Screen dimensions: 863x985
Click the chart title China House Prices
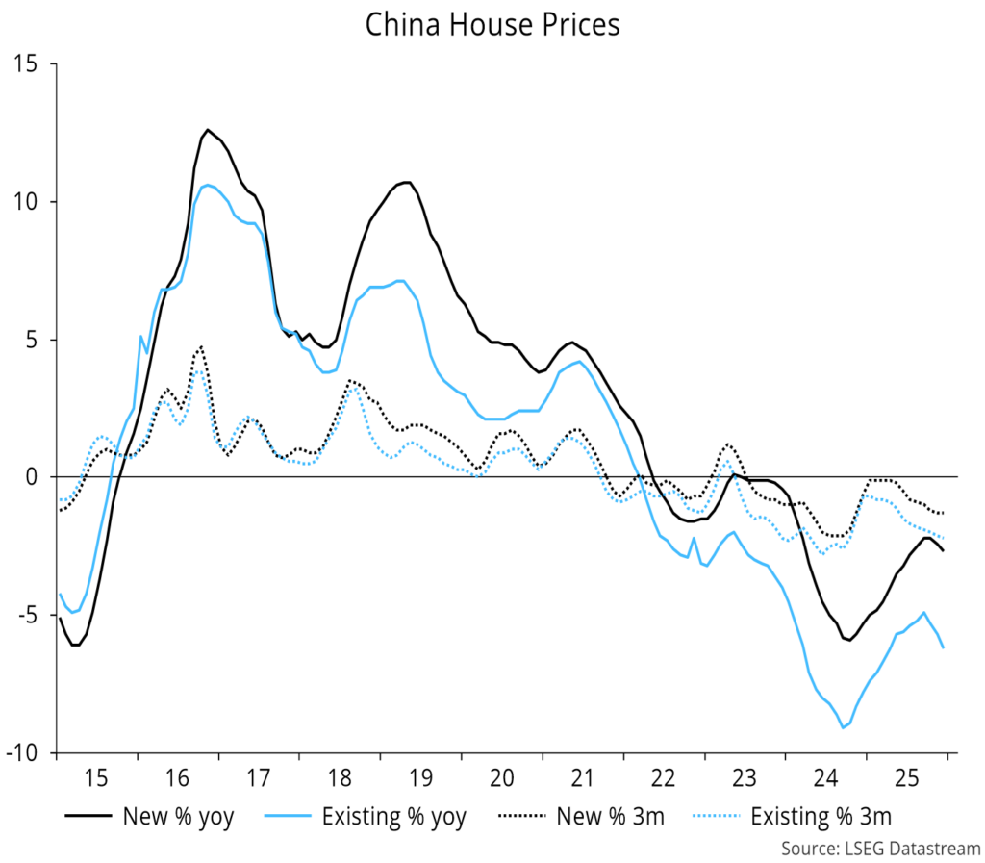click(492, 25)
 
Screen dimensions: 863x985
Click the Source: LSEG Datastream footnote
click(880, 849)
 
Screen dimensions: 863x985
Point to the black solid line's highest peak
click(207, 129)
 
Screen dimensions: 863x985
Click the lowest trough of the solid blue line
click(843, 727)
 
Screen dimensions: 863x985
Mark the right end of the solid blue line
click(944, 648)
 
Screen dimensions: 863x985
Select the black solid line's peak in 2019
click(408, 182)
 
